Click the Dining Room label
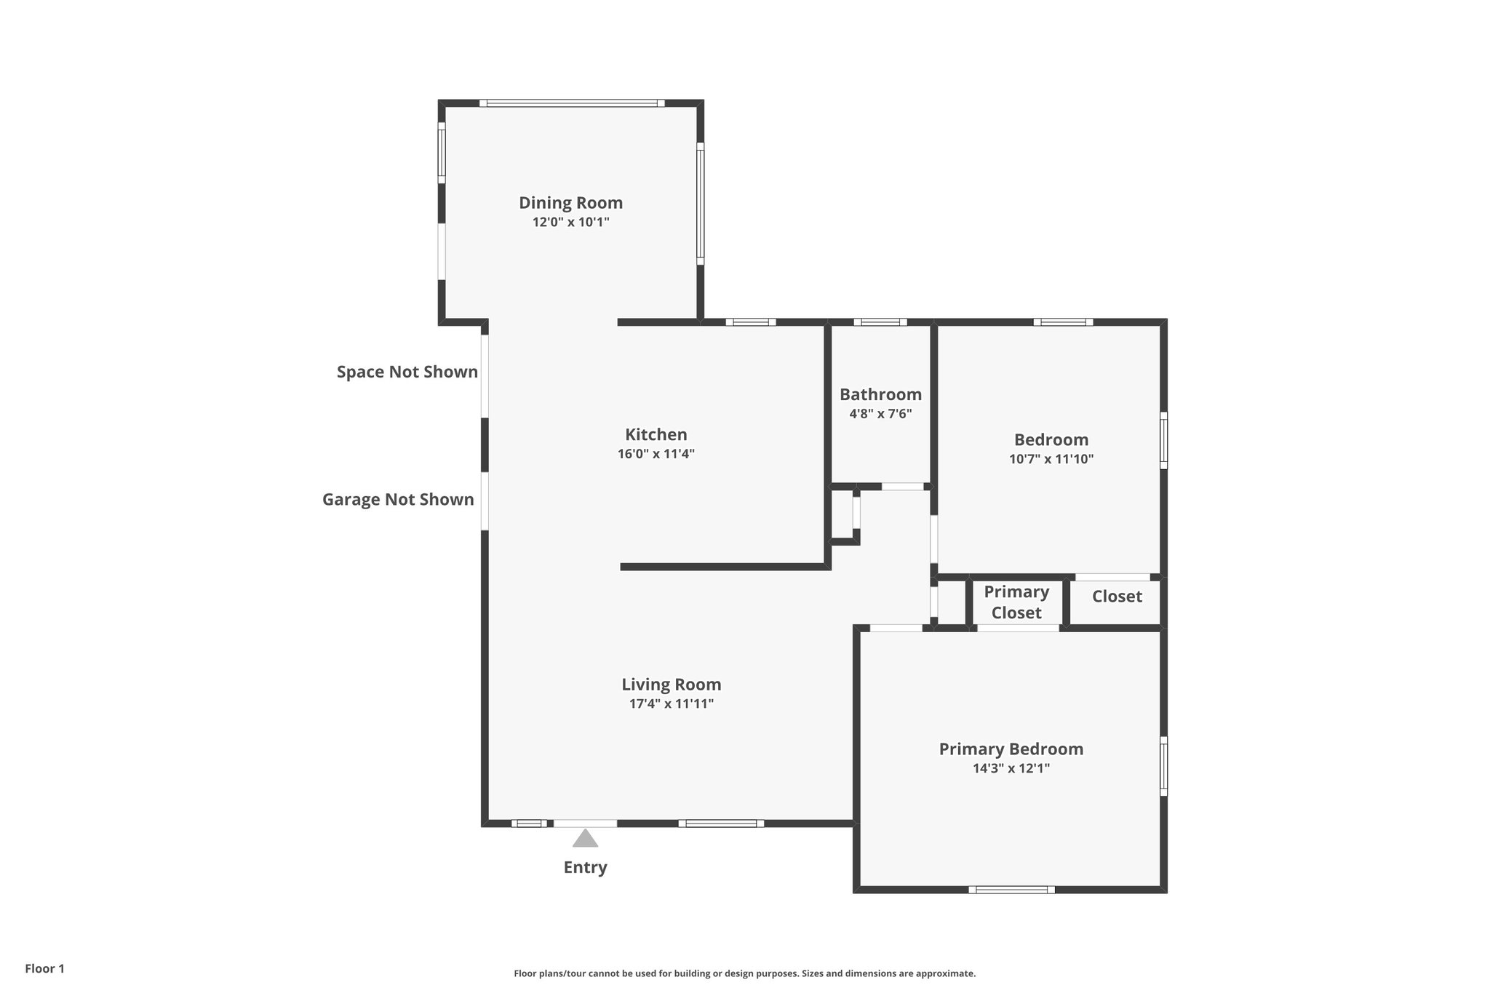click(x=570, y=203)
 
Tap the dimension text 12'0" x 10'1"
click(x=570, y=223)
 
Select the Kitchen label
click(x=656, y=435)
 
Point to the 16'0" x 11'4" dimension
click(x=656, y=454)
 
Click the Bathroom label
click(x=880, y=395)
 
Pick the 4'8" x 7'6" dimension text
click(x=880, y=414)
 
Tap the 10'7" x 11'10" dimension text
click(x=1051, y=459)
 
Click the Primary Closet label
click(x=1016, y=602)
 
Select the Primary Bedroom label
click(x=1011, y=749)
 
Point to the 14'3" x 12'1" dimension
click(x=1011, y=768)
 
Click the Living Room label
click(x=671, y=685)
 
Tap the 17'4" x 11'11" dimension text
click(x=671, y=703)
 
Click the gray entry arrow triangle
click(x=585, y=840)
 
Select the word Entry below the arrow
click(x=585, y=867)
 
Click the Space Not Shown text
click(x=407, y=372)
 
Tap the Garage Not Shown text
click(x=398, y=500)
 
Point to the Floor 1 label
click(x=44, y=968)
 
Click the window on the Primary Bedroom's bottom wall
click(x=1011, y=889)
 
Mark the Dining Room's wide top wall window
click(x=571, y=103)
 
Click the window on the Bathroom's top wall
click(x=880, y=322)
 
